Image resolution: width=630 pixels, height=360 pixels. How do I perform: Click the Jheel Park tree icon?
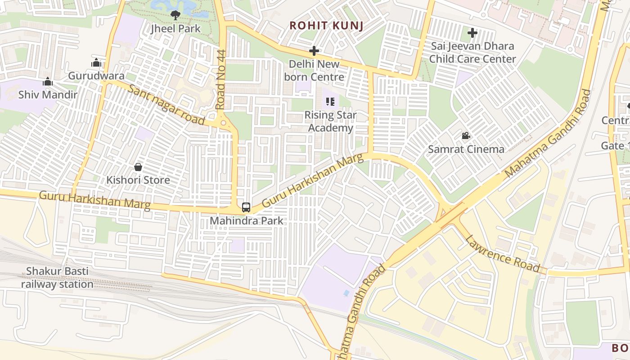pyautogui.click(x=175, y=15)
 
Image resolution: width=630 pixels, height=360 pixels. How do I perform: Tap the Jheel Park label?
pyautogui.click(x=175, y=28)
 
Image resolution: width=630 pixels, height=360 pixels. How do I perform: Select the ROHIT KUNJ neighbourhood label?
pyautogui.click(x=326, y=26)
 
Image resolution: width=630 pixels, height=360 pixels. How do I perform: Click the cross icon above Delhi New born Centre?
pyautogui.click(x=314, y=51)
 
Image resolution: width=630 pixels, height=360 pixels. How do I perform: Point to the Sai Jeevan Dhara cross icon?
pyautogui.click(x=472, y=32)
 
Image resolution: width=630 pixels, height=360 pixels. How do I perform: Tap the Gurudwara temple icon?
pyautogui.click(x=96, y=63)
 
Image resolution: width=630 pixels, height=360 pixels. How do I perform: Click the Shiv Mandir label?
pyautogui.click(x=48, y=94)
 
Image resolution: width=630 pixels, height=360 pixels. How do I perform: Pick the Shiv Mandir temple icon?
pyautogui.click(x=48, y=82)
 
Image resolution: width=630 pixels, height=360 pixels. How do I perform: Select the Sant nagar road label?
pyautogui.click(x=166, y=105)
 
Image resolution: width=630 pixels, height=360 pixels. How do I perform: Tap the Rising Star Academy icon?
pyautogui.click(x=330, y=102)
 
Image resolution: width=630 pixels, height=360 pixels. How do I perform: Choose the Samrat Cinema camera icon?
pyautogui.click(x=466, y=135)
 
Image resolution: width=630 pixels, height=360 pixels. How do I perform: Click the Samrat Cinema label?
pyautogui.click(x=466, y=149)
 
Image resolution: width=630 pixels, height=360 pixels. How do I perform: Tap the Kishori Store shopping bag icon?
pyautogui.click(x=138, y=167)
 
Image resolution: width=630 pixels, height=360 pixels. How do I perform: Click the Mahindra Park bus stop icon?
pyautogui.click(x=246, y=207)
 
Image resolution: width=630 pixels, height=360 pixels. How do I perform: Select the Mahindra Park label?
pyautogui.click(x=247, y=221)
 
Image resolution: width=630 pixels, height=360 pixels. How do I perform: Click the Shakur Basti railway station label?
pyautogui.click(x=57, y=278)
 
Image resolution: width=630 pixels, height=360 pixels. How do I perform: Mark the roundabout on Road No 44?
pyautogui.click(x=223, y=122)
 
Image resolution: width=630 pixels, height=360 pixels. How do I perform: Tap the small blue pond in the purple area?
pyautogui.click(x=346, y=293)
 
